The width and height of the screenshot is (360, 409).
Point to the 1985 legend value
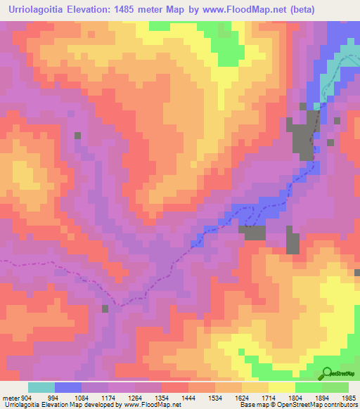tap(349, 398)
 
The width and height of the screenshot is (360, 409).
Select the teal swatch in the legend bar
tap(41, 387)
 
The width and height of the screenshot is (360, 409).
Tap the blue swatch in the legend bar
tap(68, 387)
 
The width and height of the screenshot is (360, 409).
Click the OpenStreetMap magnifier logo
tap(328, 372)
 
